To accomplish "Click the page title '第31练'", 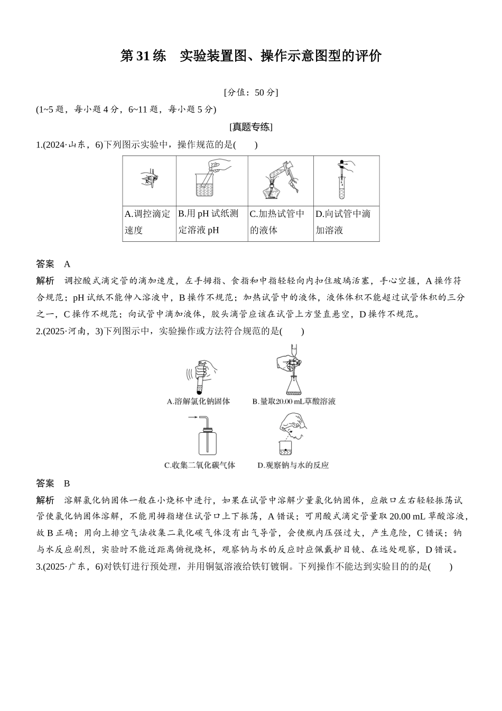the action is pyautogui.click(x=143, y=56).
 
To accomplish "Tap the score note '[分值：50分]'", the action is pyautogui.click(x=250, y=92).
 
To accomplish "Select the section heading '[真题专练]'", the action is pyautogui.click(x=250, y=127).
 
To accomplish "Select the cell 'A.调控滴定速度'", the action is pyautogui.click(x=148, y=222).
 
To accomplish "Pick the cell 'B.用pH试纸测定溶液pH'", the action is pyautogui.click(x=211, y=222).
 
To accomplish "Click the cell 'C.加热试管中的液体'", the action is pyautogui.click(x=280, y=222).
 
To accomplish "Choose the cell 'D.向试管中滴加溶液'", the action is pyautogui.click(x=346, y=222).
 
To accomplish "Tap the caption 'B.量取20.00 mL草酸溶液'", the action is pyautogui.click(x=294, y=402).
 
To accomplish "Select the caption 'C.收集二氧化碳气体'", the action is pyautogui.click(x=200, y=466).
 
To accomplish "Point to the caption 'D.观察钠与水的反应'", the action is pyautogui.click(x=293, y=466).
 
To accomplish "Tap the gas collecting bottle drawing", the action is pyautogui.click(x=207, y=443).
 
